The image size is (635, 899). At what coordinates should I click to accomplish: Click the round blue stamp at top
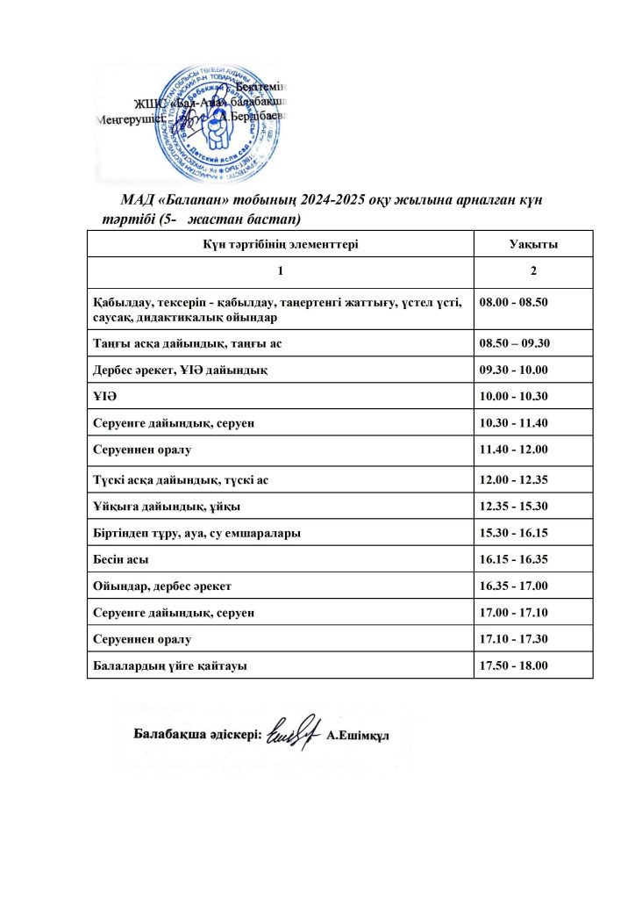click(x=217, y=119)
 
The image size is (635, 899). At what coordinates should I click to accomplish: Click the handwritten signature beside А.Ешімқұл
click(x=292, y=730)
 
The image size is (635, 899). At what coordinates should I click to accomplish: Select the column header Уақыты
click(x=533, y=244)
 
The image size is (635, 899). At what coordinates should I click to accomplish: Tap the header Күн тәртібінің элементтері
click(x=280, y=244)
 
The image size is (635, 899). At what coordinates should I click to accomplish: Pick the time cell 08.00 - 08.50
click(x=514, y=302)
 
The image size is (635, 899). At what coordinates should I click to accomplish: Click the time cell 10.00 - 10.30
click(x=514, y=397)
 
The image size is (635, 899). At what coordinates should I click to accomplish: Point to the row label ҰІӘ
click(x=104, y=397)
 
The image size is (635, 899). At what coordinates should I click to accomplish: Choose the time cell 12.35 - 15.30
click(x=514, y=507)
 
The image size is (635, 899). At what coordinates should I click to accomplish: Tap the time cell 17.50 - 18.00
click(x=514, y=665)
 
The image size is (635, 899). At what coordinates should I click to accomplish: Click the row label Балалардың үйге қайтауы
click(x=169, y=665)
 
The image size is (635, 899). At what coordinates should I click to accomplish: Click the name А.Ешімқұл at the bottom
click(x=358, y=734)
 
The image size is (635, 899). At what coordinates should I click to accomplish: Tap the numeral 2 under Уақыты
click(x=533, y=270)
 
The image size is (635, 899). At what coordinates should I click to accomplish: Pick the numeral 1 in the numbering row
click(x=280, y=270)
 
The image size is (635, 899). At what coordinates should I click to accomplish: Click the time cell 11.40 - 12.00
click(x=514, y=449)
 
